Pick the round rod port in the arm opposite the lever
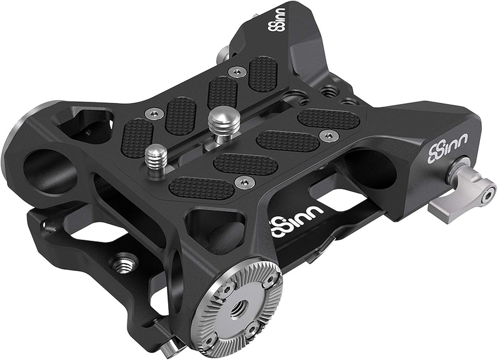pyautogui.click(x=50, y=171)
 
